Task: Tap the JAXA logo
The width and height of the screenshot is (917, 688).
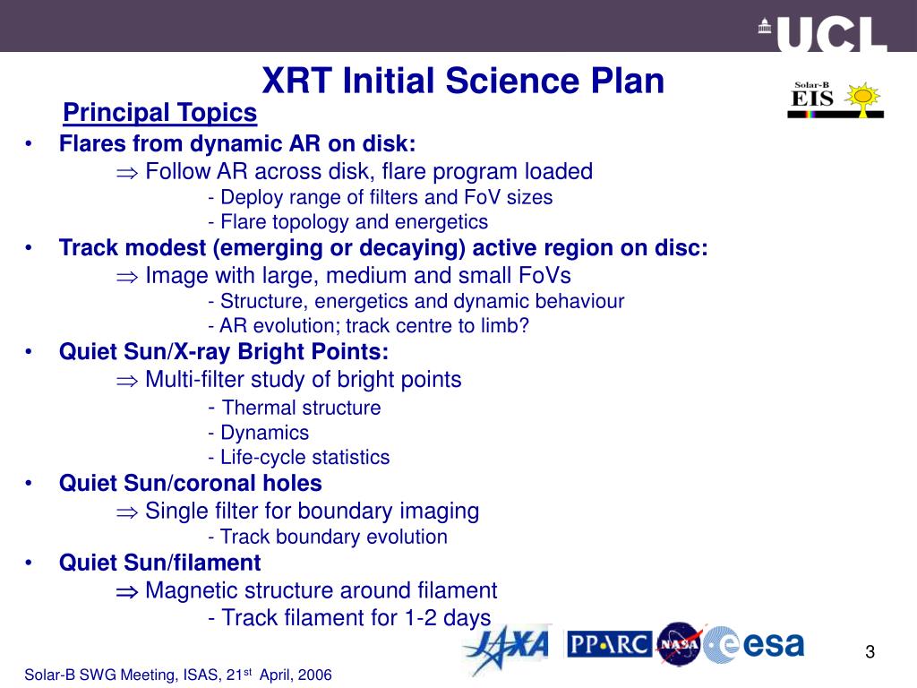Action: (x=505, y=649)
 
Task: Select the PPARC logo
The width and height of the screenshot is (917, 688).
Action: (x=609, y=644)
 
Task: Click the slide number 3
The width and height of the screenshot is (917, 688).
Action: (x=869, y=651)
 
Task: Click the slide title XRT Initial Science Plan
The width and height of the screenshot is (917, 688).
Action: (x=463, y=82)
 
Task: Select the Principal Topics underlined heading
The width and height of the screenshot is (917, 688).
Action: (x=160, y=113)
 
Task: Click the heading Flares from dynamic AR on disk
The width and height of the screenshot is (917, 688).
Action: (x=237, y=143)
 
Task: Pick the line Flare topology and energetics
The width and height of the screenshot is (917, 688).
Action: (x=347, y=222)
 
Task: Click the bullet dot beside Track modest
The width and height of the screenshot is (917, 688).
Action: (x=30, y=248)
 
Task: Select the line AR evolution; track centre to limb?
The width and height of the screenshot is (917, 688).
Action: (x=368, y=326)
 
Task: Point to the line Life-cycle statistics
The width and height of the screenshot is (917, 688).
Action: (x=298, y=458)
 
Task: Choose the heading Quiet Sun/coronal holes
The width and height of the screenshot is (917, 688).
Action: (x=190, y=484)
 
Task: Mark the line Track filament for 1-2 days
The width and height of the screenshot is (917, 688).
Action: (x=348, y=617)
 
